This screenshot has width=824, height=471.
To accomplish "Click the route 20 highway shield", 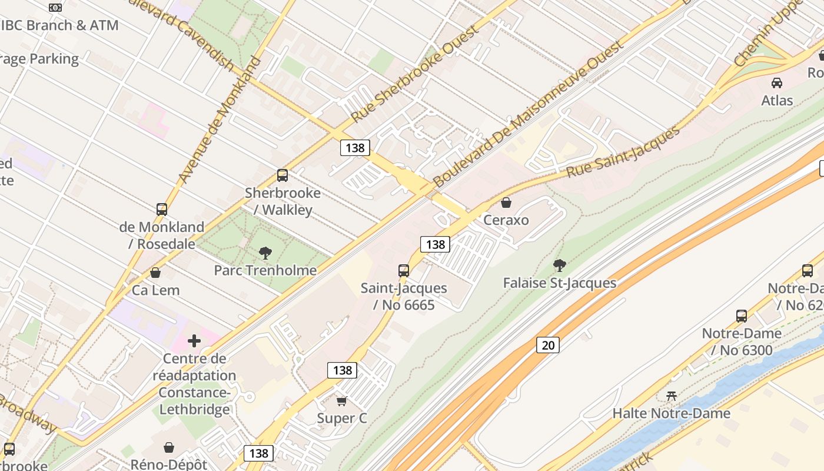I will tap(547, 345).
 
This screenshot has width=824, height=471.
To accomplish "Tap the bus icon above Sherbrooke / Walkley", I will tap(283, 175).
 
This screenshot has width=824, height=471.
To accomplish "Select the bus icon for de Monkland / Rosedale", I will tap(162, 210).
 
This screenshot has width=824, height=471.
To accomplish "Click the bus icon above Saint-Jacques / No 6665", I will tap(404, 271).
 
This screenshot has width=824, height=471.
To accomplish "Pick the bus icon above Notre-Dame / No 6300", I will tap(742, 316).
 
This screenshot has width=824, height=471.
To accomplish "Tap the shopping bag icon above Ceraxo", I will tap(506, 203).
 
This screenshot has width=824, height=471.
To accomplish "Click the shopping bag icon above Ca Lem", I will tap(155, 273).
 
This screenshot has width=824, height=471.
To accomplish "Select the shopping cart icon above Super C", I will tap(341, 402).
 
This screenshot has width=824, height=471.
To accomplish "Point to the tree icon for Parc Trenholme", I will tap(265, 253).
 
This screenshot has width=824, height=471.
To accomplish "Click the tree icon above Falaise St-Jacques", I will tap(560, 266).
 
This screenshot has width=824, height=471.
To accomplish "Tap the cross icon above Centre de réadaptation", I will tap(194, 341).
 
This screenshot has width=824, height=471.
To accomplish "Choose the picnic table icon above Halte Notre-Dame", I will tap(671, 396).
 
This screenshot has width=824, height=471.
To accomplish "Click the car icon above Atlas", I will tap(777, 83).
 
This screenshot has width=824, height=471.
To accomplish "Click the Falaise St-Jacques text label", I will tap(560, 283).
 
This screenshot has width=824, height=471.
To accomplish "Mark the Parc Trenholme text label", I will tap(265, 270).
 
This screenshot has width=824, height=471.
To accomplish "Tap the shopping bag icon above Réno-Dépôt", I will tap(169, 447).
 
